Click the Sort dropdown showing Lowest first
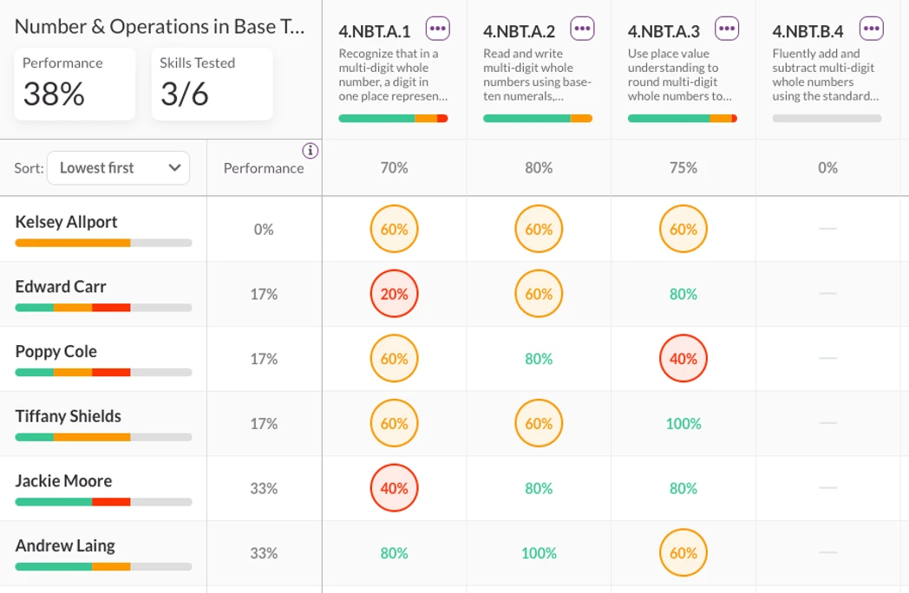pyautogui.click(x=118, y=168)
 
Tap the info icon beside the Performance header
pyautogui.click(x=310, y=151)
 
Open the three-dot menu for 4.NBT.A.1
pyautogui.click(x=438, y=29)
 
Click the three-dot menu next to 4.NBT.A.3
pyautogui.click(x=727, y=29)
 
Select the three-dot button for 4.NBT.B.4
pyautogui.click(x=872, y=29)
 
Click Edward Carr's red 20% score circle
pyautogui.click(x=395, y=295)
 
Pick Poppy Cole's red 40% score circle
pyautogui.click(x=683, y=359)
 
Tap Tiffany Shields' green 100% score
pyautogui.click(x=683, y=424)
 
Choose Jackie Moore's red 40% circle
pyautogui.click(x=395, y=489)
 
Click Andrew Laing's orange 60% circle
pyautogui.click(x=683, y=553)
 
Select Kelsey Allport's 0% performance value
pyautogui.click(x=264, y=230)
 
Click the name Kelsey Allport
pyautogui.click(x=66, y=222)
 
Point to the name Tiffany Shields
pyautogui.click(x=68, y=416)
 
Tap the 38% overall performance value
pyautogui.click(x=54, y=94)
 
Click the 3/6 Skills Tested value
pyautogui.click(x=185, y=94)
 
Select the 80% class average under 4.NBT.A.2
pyautogui.click(x=539, y=168)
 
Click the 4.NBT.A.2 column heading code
pyautogui.click(x=519, y=32)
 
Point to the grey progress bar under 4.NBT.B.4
pyautogui.click(x=827, y=119)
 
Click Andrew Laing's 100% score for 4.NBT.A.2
pyautogui.click(x=539, y=553)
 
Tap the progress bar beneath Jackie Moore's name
pyautogui.click(x=103, y=502)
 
